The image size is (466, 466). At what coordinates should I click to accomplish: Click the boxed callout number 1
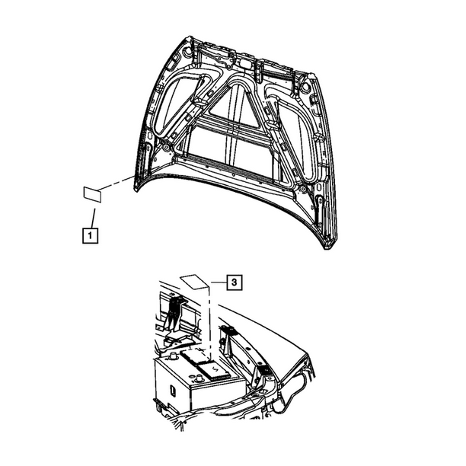pyautogui.click(x=90, y=236)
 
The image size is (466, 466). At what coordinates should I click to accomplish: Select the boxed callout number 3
pyautogui.click(x=235, y=282)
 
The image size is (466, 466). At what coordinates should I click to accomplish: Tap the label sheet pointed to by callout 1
pyautogui.click(x=92, y=194)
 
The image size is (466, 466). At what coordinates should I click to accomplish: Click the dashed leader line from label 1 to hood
pyautogui.click(x=116, y=183)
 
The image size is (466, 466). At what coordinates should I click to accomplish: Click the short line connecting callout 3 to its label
pyautogui.click(x=219, y=282)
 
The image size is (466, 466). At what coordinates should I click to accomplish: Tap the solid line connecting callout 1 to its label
pyautogui.click(x=93, y=218)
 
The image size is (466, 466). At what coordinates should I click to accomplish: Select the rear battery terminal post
pyautogui.click(x=172, y=356)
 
